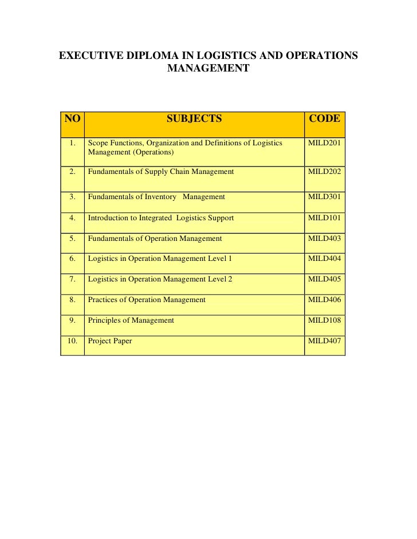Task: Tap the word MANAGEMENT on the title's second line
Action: tap(208, 69)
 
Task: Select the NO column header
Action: tap(72, 119)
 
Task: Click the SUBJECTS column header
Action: tap(194, 119)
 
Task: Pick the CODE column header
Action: tap(324, 119)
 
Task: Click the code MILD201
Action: tap(324, 143)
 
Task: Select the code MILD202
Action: tap(324, 172)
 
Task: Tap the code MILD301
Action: tap(324, 197)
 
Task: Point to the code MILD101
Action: tap(324, 218)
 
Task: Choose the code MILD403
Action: tap(324, 239)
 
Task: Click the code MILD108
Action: tap(324, 320)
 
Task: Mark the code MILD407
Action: tap(324, 341)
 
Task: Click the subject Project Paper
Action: tap(110, 341)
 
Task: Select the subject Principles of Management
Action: tap(131, 320)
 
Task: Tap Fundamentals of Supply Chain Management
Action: tap(161, 172)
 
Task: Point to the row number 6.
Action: tap(72, 259)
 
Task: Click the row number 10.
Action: tap(72, 341)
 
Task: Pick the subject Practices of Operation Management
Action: tap(147, 300)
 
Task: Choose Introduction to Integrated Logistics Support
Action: tap(161, 218)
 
